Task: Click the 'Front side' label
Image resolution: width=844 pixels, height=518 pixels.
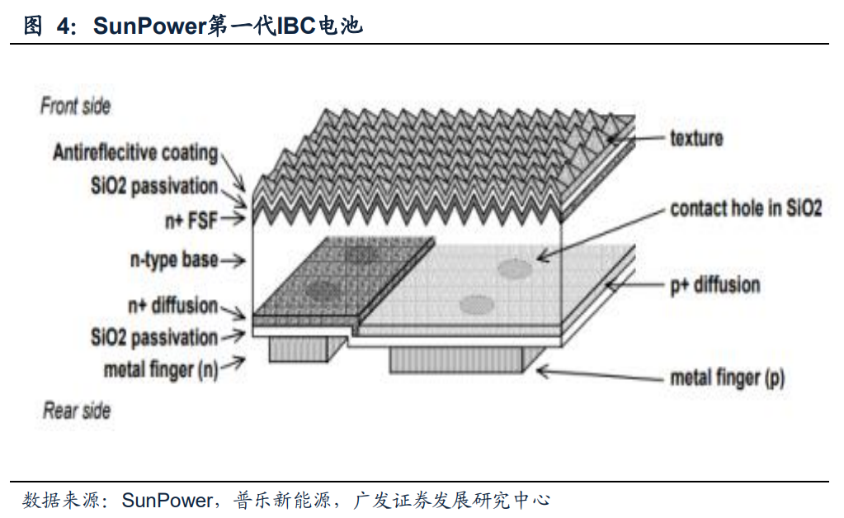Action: (x=75, y=107)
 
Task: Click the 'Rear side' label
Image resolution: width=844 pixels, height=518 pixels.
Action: (x=76, y=411)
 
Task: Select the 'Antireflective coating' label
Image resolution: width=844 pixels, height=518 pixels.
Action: (x=135, y=153)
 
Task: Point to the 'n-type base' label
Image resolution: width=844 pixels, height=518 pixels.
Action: (x=173, y=260)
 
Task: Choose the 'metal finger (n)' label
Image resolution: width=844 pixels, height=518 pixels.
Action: (x=160, y=369)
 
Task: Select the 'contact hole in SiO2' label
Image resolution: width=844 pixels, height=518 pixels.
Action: (x=746, y=207)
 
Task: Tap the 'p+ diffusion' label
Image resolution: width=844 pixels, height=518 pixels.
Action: (x=714, y=285)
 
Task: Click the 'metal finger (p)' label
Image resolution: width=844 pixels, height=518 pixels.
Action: (x=727, y=378)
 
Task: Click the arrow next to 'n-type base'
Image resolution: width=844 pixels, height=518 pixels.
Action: (x=233, y=261)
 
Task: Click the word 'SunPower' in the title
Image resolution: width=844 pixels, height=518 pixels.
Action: (x=148, y=26)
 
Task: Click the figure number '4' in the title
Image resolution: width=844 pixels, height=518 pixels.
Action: (x=63, y=26)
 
